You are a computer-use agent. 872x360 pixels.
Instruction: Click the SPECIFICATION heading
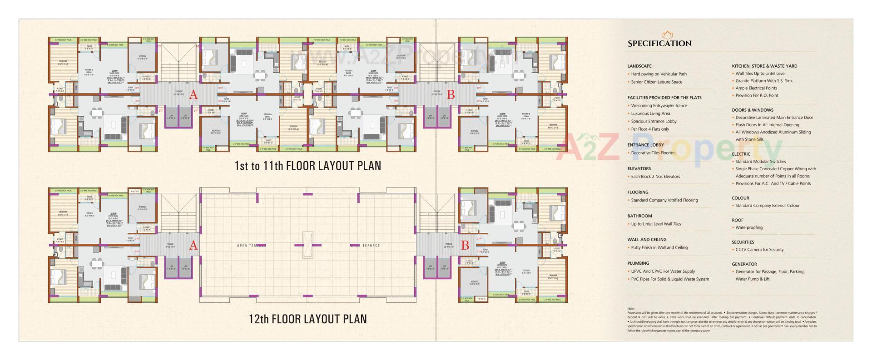click(x=659, y=44)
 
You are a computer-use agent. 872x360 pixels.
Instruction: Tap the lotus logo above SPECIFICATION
click(x=667, y=35)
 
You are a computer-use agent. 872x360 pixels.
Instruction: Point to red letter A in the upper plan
click(x=193, y=95)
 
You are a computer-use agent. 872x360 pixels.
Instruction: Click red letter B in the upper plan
click(x=451, y=95)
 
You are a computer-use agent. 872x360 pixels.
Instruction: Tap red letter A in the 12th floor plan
click(x=193, y=246)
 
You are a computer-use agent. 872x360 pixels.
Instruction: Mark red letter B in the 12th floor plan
click(x=465, y=246)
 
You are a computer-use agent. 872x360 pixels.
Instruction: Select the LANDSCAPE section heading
click(x=639, y=66)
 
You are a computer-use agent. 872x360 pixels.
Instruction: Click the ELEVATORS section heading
click(x=639, y=169)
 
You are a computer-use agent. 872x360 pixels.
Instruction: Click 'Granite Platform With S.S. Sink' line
click(x=764, y=81)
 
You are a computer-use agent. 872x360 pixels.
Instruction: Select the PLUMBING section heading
click(x=638, y=263)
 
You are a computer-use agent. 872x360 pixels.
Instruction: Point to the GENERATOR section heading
click(x=744, y=264)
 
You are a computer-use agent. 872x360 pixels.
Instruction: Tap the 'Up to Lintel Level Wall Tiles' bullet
click(x=656, y=224)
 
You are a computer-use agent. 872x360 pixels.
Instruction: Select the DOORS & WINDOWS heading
click(x=752, y=110)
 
